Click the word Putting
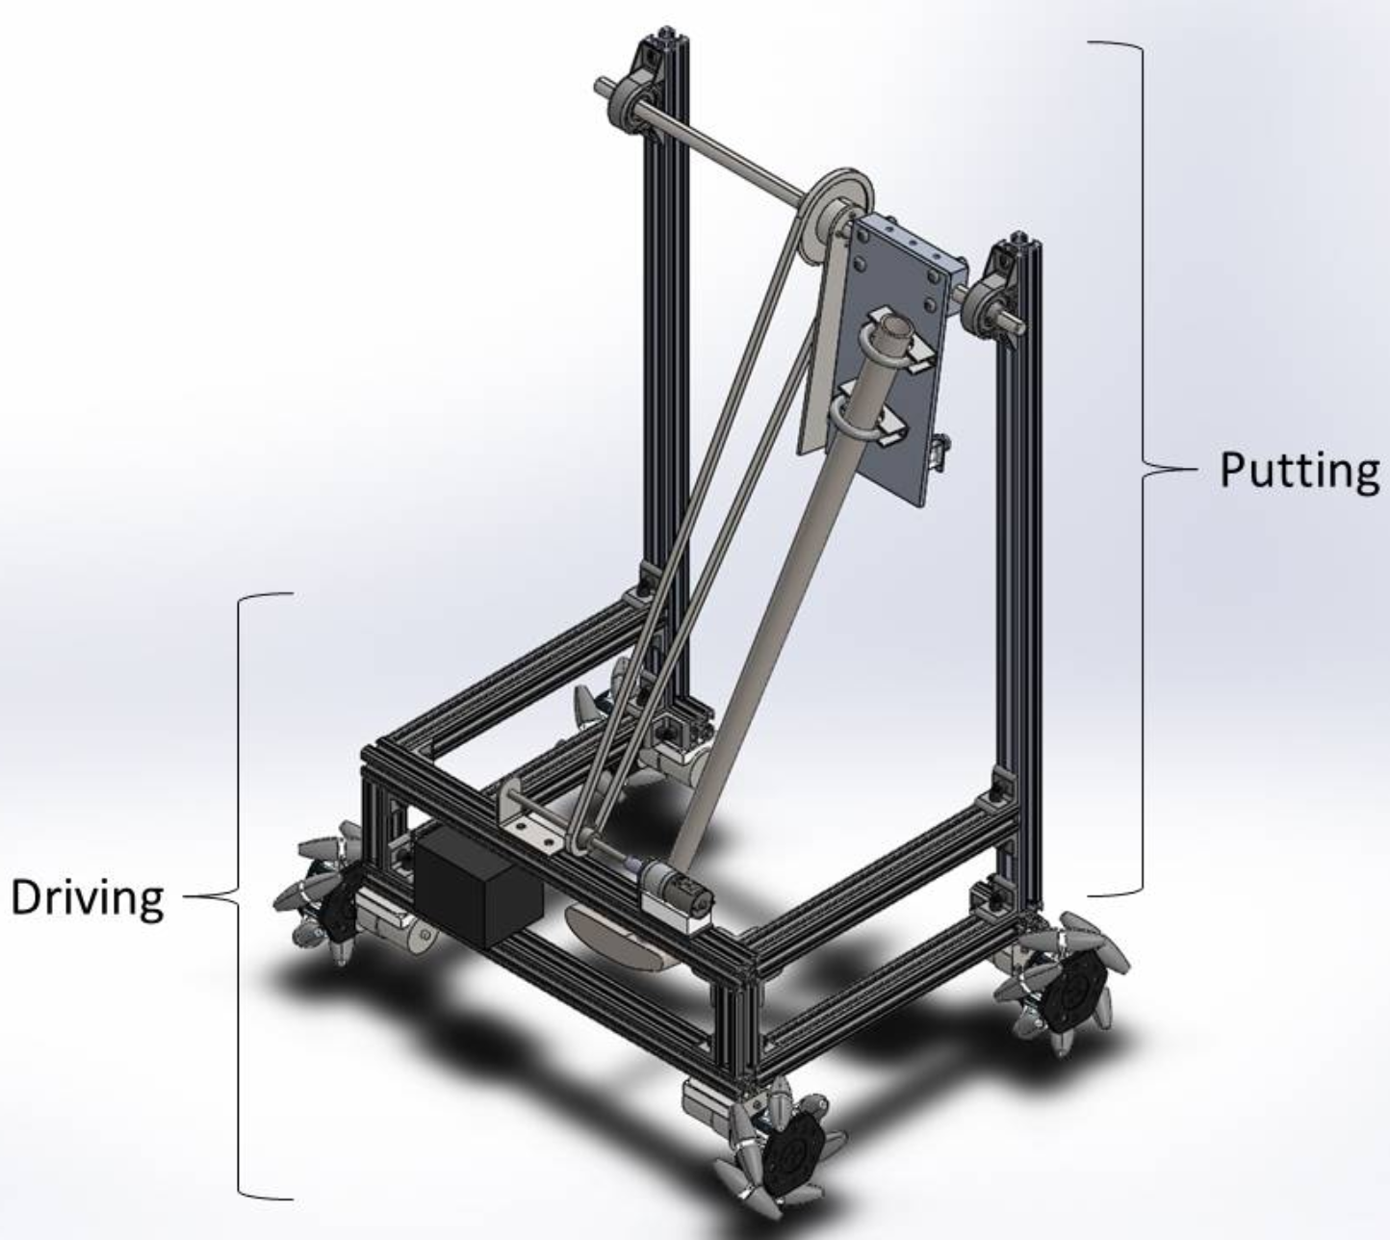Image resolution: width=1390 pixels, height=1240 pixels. [1300, 471]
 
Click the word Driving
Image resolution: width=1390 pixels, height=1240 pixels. [88, 897]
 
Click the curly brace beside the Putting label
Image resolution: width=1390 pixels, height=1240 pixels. [1144, 470]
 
